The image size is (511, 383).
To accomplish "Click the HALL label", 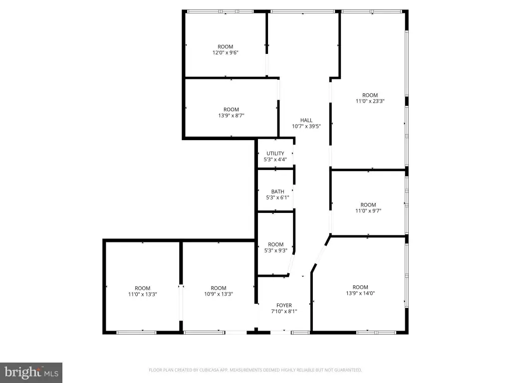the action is pyautogui.click(x=306, y=120).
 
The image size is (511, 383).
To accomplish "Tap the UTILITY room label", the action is pyautogui.click(x=275, y=154).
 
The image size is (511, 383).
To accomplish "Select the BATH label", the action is pyautogui.click(x=277, y=191).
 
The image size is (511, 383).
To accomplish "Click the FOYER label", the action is pyautogui.click(x=284, y=305).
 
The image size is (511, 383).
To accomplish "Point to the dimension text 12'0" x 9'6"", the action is pyautogui.click(x=226, y=52).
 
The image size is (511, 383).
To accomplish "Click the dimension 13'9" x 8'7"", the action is pyautogui.click(x=232, y=115).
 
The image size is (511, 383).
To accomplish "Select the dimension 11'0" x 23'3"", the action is pyautogui.click(x=370, y=101).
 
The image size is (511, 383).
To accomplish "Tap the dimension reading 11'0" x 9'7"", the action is pyautogui.click(x=368, y=211).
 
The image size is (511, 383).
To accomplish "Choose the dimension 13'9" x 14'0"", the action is pyautogui.click(x=360, y=293).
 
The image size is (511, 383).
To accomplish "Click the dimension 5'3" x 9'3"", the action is pyautogui.click(x=275, y=250).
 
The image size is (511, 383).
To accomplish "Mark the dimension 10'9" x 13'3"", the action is pyautogui.click(x=219, y=294).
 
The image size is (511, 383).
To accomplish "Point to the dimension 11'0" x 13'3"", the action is pyautogui.click(x=143, y=294).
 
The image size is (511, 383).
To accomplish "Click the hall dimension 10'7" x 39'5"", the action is pyautogui.click(x=306, y=126).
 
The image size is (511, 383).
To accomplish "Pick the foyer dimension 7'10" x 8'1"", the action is pyautogui.click(x=284, y=311).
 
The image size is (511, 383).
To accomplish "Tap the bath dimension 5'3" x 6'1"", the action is pyautogui.click(x=277, y=197).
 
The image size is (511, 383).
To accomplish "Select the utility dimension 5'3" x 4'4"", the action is pyautogui.click(x=275, y=159).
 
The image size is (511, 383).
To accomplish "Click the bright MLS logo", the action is pyautogui.click(x=31, y=373).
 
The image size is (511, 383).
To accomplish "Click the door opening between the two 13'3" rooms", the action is pyautogui.click(x=181, y=303).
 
